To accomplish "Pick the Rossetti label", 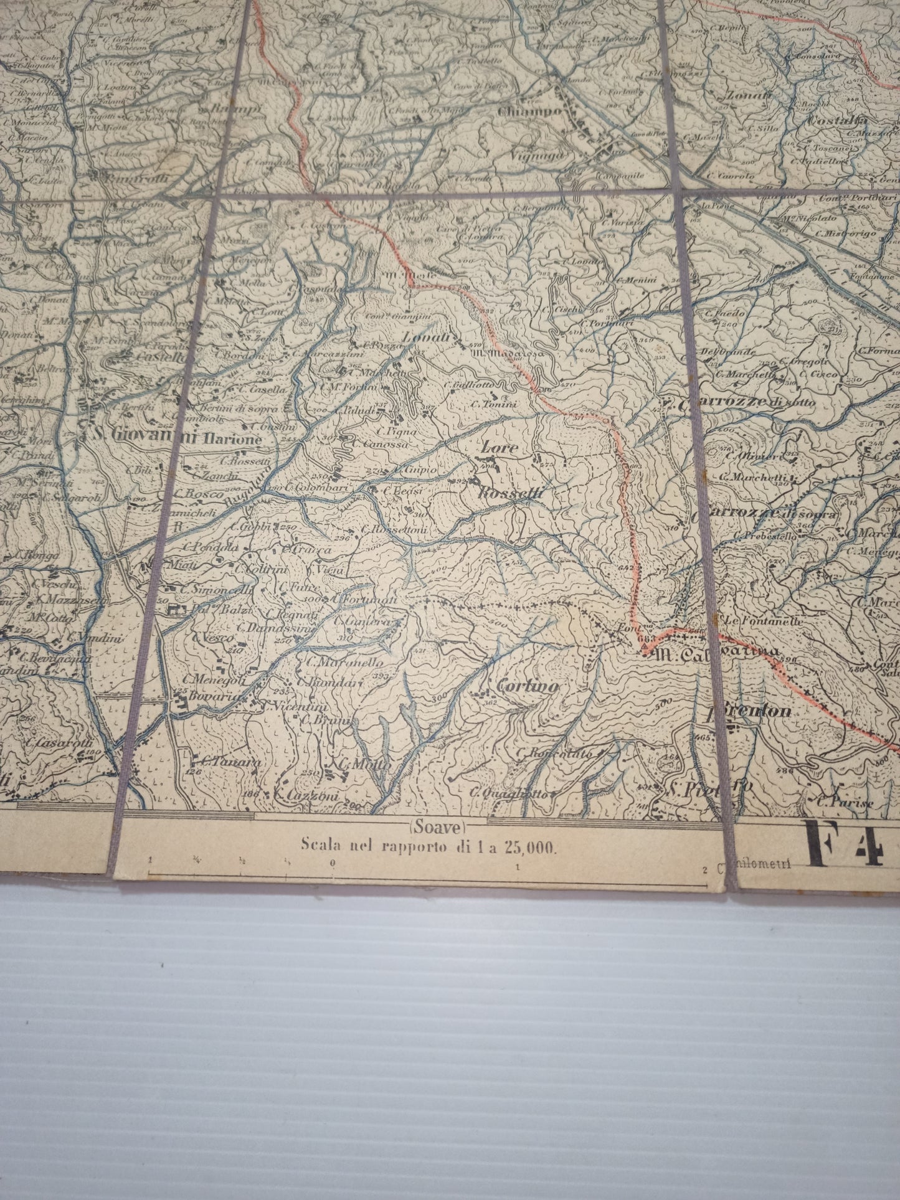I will (x=513, y=493).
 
